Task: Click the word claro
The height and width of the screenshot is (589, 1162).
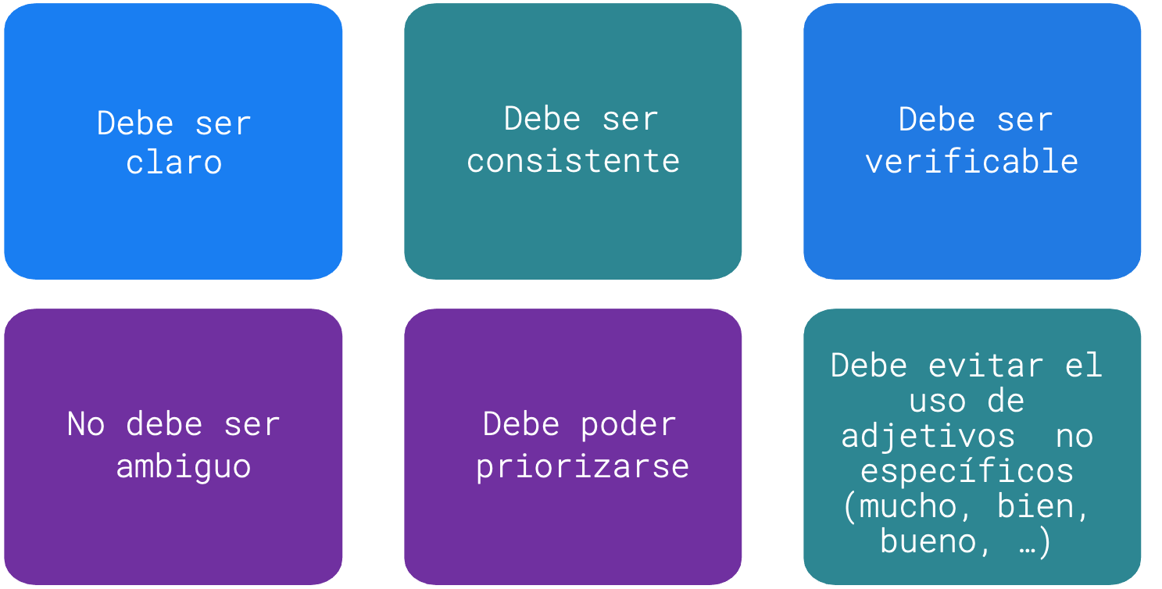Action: [174, 162]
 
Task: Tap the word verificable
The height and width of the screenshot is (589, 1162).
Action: [971, 160]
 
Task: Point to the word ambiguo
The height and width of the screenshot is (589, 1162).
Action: [184, 467]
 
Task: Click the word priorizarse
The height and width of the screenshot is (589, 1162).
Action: [582, 466]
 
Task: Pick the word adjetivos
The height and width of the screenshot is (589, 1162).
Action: [928, 436]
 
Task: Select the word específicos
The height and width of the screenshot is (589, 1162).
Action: [967, 471]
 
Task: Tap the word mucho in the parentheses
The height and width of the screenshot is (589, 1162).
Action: [908, 506]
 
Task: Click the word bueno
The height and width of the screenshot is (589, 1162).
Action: [928, 541]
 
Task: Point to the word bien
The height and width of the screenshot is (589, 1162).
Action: [1035, 506]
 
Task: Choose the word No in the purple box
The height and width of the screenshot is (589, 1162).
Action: [86, 424]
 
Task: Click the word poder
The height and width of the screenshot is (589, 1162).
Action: [628, 424]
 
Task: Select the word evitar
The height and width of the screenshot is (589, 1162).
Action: [985, 366]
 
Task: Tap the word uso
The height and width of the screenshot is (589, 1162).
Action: [938, 402]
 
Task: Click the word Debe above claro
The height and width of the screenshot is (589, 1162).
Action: [135, 123]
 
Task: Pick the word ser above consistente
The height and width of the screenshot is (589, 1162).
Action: [631, 120]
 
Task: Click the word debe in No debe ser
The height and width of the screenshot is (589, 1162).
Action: [164, 424]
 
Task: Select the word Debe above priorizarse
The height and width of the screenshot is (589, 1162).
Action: [520, 424]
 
